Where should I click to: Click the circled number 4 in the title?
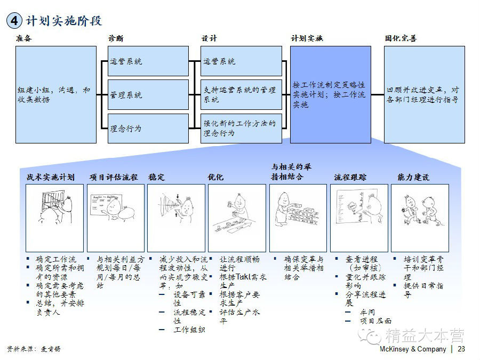coord(14,21)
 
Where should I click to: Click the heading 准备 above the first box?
coord(24,38)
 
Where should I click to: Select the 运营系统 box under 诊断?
coord(148,61)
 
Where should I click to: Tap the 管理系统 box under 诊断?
coord(148,95)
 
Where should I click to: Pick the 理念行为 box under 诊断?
coord(148,128)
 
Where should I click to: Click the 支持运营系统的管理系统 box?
coord(241,95)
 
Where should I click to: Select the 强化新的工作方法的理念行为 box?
coord(241,128)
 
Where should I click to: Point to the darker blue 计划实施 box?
coord(330,94)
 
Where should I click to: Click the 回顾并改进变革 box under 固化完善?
coord(424,94)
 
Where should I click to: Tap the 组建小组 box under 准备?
coord(56,94)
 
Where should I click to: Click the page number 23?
coord(461,349)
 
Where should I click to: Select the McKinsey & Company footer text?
coord(412,349)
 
